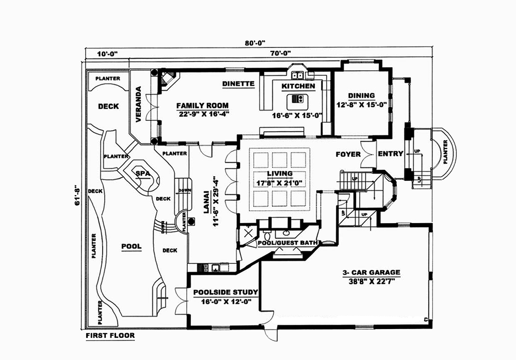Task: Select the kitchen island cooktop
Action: pos(298,99)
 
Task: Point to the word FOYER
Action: pos(348,154)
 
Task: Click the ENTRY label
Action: pos(390,154)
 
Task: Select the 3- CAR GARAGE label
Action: pos(370,272)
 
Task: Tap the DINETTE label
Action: pos(238,83)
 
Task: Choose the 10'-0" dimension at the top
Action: pos(107,53)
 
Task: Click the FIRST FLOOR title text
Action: pos(110,336)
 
